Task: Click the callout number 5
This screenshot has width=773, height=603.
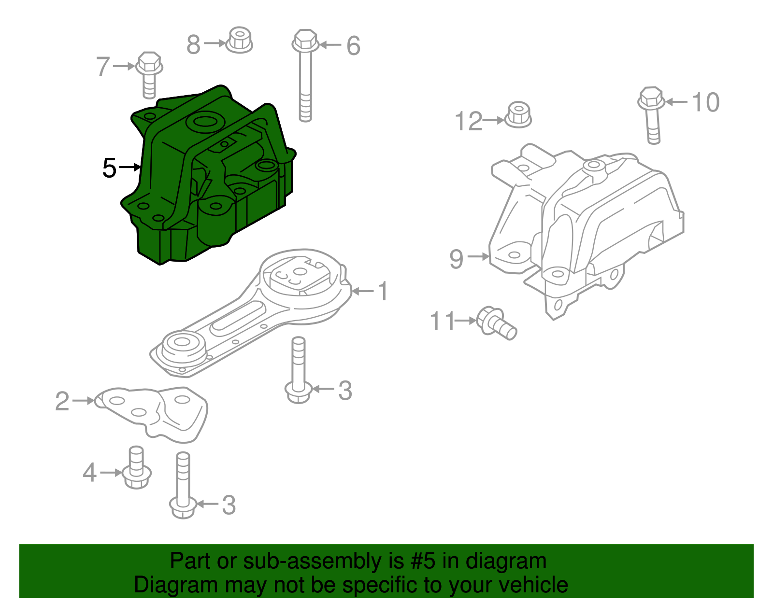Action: [x=109, y=168]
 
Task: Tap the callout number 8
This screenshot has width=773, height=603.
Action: [x=193, y=45]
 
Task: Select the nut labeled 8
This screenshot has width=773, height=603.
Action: [x=239, y=40]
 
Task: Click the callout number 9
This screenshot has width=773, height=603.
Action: [x=456, y=259]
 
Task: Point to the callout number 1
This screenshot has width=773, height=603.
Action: [x=383, y=292]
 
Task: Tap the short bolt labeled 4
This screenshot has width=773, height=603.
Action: [x=137, y=468]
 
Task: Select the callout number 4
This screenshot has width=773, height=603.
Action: [x=89, y=473]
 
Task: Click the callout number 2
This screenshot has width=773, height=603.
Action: [x=62, y=401]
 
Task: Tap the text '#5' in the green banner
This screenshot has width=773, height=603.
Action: [x=423, y=561]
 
